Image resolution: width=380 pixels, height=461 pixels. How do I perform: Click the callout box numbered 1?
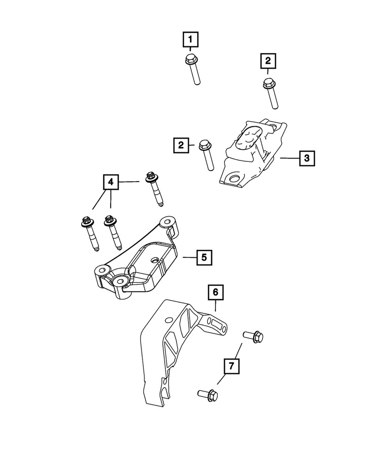click(x=190, y=40)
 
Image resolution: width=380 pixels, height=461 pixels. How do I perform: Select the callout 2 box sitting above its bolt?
click(x=268, y=60)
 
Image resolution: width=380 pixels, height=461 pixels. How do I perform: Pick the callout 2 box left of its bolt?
click(x=182, y=146)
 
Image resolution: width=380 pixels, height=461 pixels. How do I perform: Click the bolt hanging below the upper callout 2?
click(x=271, y=94)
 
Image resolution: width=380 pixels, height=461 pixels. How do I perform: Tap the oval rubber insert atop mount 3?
click(x=249, y=137)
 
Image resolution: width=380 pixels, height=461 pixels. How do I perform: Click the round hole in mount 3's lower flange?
click(x=234, y=179)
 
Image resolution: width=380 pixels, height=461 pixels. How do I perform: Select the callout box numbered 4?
click(x=111, y=183)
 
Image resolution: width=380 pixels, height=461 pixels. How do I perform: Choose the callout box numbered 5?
click(x=204, y=257)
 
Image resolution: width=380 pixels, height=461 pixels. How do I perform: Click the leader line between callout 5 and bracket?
click(x=189, y=257)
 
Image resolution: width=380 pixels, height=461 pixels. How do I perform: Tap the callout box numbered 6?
click(x=215, y=292)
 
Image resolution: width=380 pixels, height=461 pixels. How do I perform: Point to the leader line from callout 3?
click(x=289, y=159)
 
